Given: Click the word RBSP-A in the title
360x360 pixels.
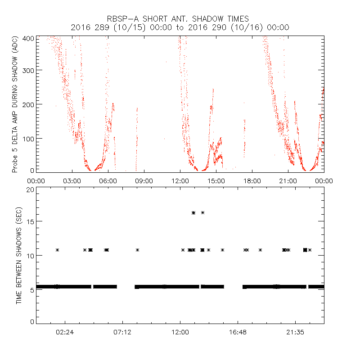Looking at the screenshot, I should pyautogui.click(x=121, y=19).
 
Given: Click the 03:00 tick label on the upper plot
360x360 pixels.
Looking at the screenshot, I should pyautogui.click(x=72, y=180).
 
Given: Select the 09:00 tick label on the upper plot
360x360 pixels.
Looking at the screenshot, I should pyautogui.click(x=144, y=180).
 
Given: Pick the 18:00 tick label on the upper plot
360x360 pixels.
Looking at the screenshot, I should pyautogui.click(x=252, y=180).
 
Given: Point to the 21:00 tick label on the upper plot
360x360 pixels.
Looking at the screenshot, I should pyautogui.click(x=288, y=180).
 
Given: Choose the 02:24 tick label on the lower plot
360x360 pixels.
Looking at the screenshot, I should pyautogui.click(x=65, y=332).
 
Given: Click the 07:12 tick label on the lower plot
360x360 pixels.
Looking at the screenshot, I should pyautogui.click(x=122, y=332).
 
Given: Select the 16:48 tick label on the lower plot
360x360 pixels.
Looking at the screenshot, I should pyautogui.click(x=238, y=332).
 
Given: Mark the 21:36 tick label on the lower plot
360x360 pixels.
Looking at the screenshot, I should pyautogui.click(x=295, y=332).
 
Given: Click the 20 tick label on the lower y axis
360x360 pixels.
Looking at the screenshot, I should pyautogui.click(x=30, y=189).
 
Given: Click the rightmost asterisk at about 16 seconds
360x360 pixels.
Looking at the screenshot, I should pyautogui.click(x=202, y=213).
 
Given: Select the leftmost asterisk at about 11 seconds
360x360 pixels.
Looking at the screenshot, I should pyautogui.click(x=57, y=250).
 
